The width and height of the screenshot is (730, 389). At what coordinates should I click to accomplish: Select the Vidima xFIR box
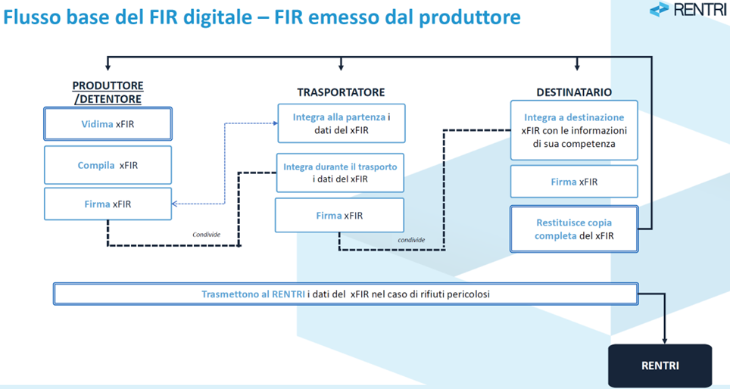[x=108, y=123]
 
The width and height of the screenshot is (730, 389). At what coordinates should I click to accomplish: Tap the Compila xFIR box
[x=108, y=165]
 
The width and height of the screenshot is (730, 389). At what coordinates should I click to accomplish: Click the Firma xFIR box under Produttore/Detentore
[x=108, y=204]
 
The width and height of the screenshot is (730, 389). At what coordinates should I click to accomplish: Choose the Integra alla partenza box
[x=341, y=123]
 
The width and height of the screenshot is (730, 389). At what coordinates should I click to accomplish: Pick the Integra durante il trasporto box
[x=340, y=173]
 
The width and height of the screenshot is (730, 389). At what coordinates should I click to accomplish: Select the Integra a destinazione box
[x=573, y=130]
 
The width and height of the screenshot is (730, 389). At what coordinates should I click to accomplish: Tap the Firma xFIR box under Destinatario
[x=573, y=182]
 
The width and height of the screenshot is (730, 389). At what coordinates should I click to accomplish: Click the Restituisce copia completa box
[x=573, y=229]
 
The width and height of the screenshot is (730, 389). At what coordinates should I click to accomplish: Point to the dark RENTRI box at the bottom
[x=660, y=366]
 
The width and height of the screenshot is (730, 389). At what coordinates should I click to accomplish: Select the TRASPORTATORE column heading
[x=341, y=92]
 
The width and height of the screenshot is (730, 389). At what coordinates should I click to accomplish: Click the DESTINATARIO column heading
[x=574, y=92]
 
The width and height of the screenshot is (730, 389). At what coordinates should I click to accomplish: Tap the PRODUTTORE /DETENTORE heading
[x=108, y=92]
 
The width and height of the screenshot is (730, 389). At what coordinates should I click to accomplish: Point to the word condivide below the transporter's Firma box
[x=411, y=240]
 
